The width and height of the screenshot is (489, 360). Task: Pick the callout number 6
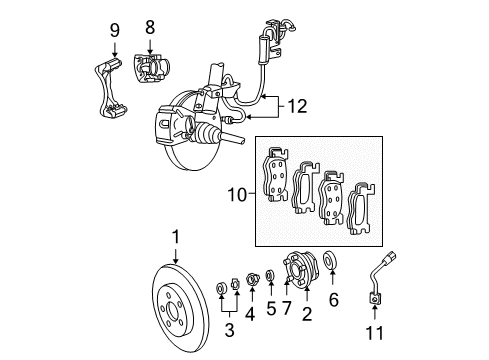tap(334, 325)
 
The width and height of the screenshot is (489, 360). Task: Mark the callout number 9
tap(114, 28)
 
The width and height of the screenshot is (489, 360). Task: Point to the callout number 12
tap(297, 104)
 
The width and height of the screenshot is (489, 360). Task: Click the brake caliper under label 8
tap(154, 69)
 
